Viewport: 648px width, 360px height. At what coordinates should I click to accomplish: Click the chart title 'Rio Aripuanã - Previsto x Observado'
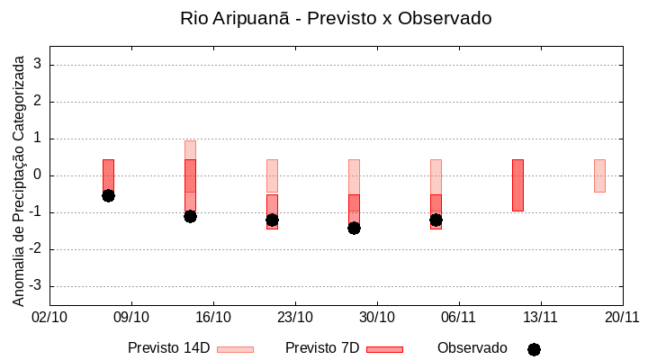tap(336, 18)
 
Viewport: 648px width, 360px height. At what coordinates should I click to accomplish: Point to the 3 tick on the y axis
tap(38, 65)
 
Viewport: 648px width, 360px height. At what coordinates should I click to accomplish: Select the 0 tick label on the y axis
tap(38, 175)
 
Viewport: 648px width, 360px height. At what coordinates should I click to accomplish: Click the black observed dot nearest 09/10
tap(108, 195)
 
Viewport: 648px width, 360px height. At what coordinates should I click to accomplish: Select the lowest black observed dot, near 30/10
tap(354, 228)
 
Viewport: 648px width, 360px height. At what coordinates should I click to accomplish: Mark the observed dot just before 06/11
tap(436, 220)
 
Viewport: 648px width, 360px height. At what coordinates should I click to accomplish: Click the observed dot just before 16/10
tap(190, 216)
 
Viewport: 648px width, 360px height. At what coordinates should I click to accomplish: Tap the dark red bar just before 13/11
tap(517, 184)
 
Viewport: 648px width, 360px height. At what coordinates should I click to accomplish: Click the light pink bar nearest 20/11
tap(599, 175)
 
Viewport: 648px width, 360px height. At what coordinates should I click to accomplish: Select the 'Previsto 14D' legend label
tap(168, 348)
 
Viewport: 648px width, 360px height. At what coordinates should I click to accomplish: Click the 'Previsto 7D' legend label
tap(322, 348)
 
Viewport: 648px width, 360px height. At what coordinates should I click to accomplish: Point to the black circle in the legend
tap(534, 349)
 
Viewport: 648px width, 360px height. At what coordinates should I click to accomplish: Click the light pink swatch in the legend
tap(235, 349)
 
